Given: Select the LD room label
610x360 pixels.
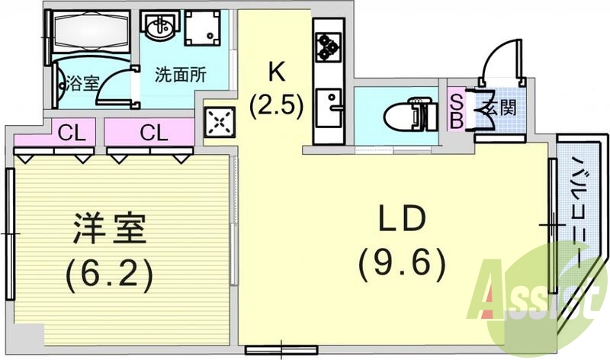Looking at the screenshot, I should pyautogui.click(x=401, y=222).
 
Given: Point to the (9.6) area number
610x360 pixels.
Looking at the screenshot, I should pyautogui.click(x=401, y=264).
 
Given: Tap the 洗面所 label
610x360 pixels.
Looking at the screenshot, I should pyautogui.click(x=181, y=76).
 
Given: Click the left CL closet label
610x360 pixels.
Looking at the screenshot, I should pyautogui.click(x=72, y=133).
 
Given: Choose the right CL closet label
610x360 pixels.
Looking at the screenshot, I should pyautogui.click(x=154, y=133).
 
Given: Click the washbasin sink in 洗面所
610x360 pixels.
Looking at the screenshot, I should pyautogui.click(x=159, y=29).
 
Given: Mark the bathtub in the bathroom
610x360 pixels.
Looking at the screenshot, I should pyautogui.click(x=88, y=34).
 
